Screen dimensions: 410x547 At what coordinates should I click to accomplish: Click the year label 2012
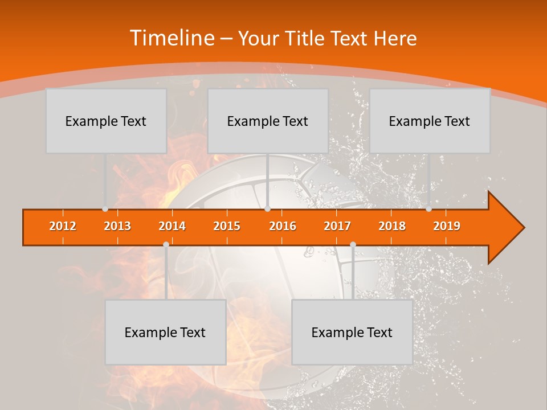tap(63, 226)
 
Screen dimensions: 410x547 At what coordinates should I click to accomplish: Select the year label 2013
tap(117, 226)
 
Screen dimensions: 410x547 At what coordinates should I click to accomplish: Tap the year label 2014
tap(172, 226)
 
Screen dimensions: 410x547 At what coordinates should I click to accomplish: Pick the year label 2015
tap(227, 226)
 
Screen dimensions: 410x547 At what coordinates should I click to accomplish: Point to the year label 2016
tap(283, 226)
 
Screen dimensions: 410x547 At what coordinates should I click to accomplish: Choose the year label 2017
tap(337, 226)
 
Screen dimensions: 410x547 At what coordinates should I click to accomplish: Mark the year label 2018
tap(392, 226)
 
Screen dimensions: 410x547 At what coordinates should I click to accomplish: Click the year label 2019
tap(447, 226)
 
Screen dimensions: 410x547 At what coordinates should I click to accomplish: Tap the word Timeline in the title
tap(172, 38)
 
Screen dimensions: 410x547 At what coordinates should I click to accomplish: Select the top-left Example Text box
tap(106, 121)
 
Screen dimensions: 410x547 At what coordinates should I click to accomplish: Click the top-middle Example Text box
tap(268, 121)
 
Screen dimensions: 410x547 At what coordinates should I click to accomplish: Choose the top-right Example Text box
tap(430, 121)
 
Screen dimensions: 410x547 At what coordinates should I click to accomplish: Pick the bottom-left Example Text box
tap(165, 332)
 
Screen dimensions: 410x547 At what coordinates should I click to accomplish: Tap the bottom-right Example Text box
tap(352, 332)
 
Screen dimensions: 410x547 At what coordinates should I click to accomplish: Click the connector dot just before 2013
tap(105, 209)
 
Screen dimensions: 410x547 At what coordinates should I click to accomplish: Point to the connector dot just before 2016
tap(267, 209)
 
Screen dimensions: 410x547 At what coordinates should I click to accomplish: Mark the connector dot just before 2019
tap(428, 209)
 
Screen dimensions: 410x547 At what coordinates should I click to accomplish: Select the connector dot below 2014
tap(166, 244)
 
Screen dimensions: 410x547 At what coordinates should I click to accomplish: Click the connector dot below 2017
tap(353, 244)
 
